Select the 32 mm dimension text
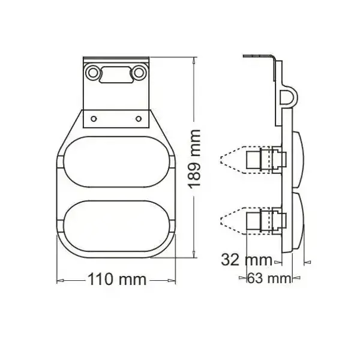point(247,260)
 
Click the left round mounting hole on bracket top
point(92,73)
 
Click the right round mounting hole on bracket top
point(139,73)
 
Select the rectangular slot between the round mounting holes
point(116,74)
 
